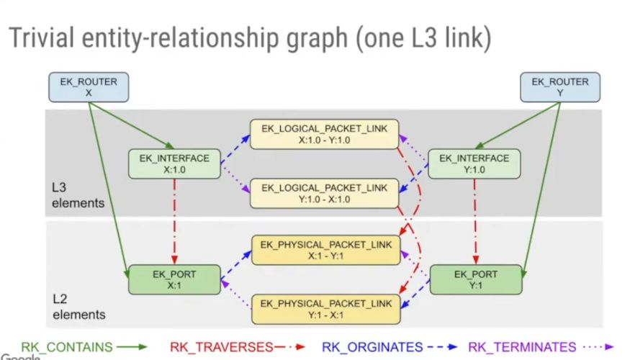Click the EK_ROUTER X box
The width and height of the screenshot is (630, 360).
[89, 87]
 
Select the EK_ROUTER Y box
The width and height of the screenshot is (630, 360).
[559, 87]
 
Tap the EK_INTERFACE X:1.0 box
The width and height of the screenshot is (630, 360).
[174, 163]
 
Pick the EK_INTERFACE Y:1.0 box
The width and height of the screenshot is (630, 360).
[473, 163]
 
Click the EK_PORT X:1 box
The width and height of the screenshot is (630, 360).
[174, 279]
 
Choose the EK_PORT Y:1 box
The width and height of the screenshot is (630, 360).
[473, 279]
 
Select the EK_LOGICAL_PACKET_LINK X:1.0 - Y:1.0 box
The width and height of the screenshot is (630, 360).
[324, 134]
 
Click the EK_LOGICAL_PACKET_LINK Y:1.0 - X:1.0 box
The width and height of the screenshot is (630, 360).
[324, 194]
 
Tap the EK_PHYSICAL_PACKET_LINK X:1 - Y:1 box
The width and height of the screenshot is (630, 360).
[324, 250]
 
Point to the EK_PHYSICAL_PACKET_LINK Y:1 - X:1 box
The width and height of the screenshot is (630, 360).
[324, 309]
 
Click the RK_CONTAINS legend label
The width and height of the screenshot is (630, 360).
[67, 347]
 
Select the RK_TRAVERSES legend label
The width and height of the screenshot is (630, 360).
[222, 347]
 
